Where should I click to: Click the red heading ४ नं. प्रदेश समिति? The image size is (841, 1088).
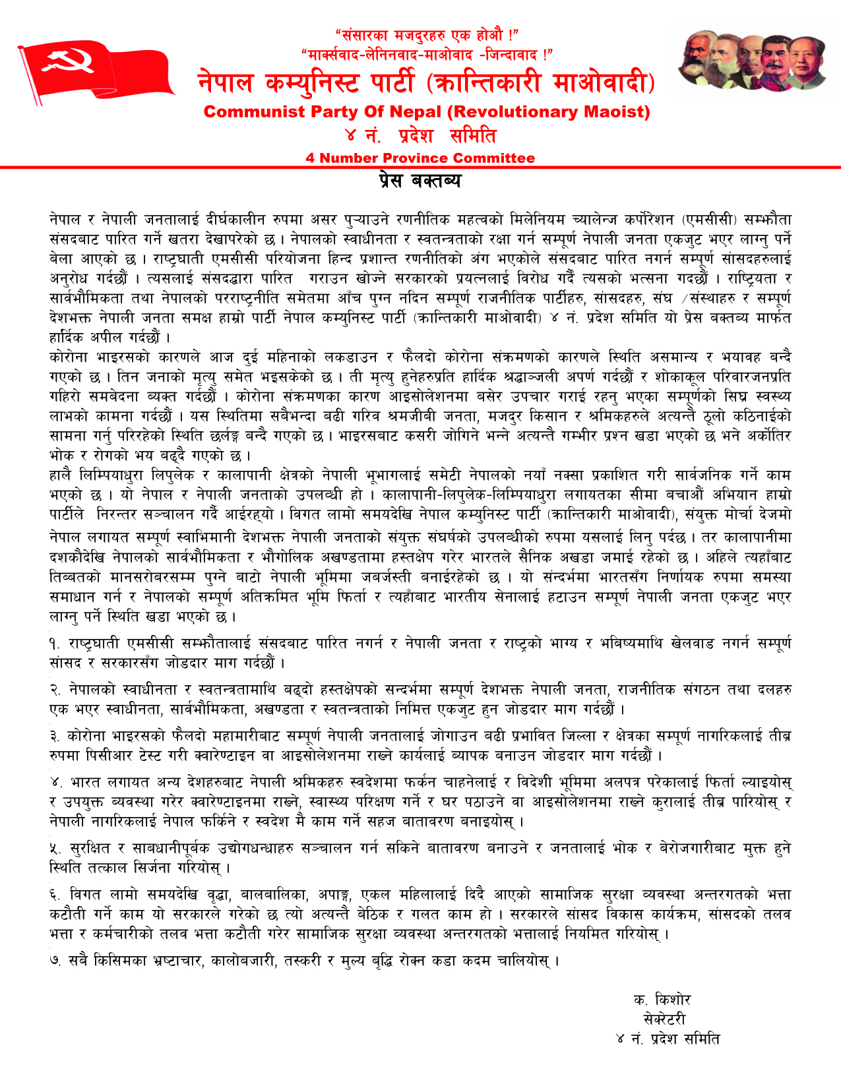[420, 136]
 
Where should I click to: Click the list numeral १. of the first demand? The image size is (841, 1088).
[55, 644]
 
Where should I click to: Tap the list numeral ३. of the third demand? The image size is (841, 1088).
[55, 736]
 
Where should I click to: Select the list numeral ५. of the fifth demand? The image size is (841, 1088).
[55, 849]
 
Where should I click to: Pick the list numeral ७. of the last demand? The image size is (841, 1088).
[55, 961]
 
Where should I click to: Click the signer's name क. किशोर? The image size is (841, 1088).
[662, 999]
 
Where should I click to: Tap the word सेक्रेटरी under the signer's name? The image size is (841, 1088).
[664, 1019]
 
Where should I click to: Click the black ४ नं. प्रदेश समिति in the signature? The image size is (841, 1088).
[668, 1039]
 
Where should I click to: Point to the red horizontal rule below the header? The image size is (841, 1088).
[420, 167]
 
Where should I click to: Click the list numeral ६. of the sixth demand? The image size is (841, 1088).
[55, 895]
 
